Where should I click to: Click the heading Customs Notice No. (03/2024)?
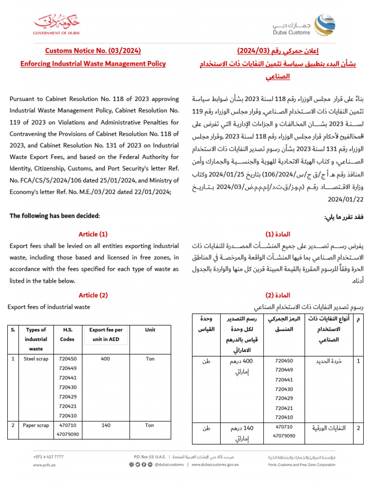(x=93, y=51)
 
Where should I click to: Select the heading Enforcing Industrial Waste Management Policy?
(x=93, y=63)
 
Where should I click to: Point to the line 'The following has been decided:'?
(x=55, y=216)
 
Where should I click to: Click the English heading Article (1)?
(x=93, y=234)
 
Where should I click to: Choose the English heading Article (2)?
(x=93, y=295)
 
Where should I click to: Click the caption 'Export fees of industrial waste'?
(x=49, y=307)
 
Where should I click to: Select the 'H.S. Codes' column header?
(x=68, y=335)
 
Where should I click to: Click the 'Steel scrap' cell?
(x=36, y=359)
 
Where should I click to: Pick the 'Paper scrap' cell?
(x=36, y=425)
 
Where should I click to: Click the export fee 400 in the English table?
(x=106, y=359)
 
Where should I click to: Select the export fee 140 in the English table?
(x=106, y=425)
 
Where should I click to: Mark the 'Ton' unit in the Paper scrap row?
(x=150, y=425)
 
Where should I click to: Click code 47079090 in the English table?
(x=68, y=435)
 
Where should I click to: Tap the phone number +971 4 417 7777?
(x=48, y=456)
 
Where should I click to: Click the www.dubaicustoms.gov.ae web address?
(x=215, y=465)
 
